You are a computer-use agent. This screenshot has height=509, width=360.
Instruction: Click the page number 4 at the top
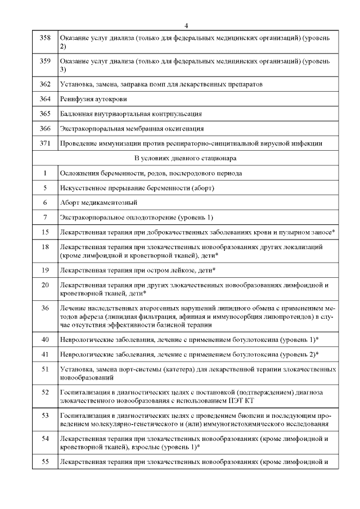186,25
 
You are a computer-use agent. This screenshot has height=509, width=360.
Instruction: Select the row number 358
45,37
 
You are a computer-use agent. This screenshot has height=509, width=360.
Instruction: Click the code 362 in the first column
45,84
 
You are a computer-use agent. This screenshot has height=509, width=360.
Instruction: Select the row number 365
45,114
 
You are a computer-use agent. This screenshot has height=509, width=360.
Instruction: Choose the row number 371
45,143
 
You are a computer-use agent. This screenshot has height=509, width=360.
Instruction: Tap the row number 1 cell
45,173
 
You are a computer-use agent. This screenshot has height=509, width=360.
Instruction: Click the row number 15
45,232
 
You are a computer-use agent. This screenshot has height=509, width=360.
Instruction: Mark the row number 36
45,308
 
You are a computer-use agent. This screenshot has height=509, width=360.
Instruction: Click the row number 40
45,339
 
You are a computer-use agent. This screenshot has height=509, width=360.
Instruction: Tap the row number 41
45,354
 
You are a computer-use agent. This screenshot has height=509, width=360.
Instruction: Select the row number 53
45,415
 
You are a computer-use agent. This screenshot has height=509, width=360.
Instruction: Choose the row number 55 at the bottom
45,462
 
